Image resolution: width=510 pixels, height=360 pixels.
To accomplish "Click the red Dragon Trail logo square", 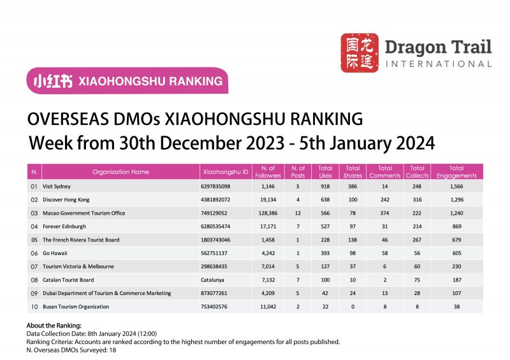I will click(x=360, y=53).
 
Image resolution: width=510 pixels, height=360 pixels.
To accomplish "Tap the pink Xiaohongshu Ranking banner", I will click(x=127, y=81).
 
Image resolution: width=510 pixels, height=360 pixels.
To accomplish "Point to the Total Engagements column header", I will click(x=457, y=171).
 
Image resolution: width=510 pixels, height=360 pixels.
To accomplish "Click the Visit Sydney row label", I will click(x=57, y=187).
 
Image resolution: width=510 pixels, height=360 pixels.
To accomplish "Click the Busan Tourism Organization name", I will click(x=76, y=306).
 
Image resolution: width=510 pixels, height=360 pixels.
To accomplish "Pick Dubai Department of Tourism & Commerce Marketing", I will click(x=106, y=294).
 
